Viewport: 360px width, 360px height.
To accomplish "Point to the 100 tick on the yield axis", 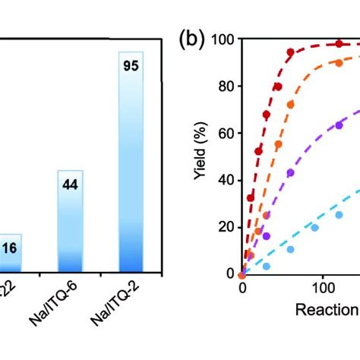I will click(224, 39).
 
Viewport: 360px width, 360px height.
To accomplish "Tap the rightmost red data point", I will click(339, 44).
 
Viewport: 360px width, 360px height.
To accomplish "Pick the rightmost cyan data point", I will click(339, 214).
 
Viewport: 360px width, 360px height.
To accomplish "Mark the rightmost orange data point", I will click(339, 63).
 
